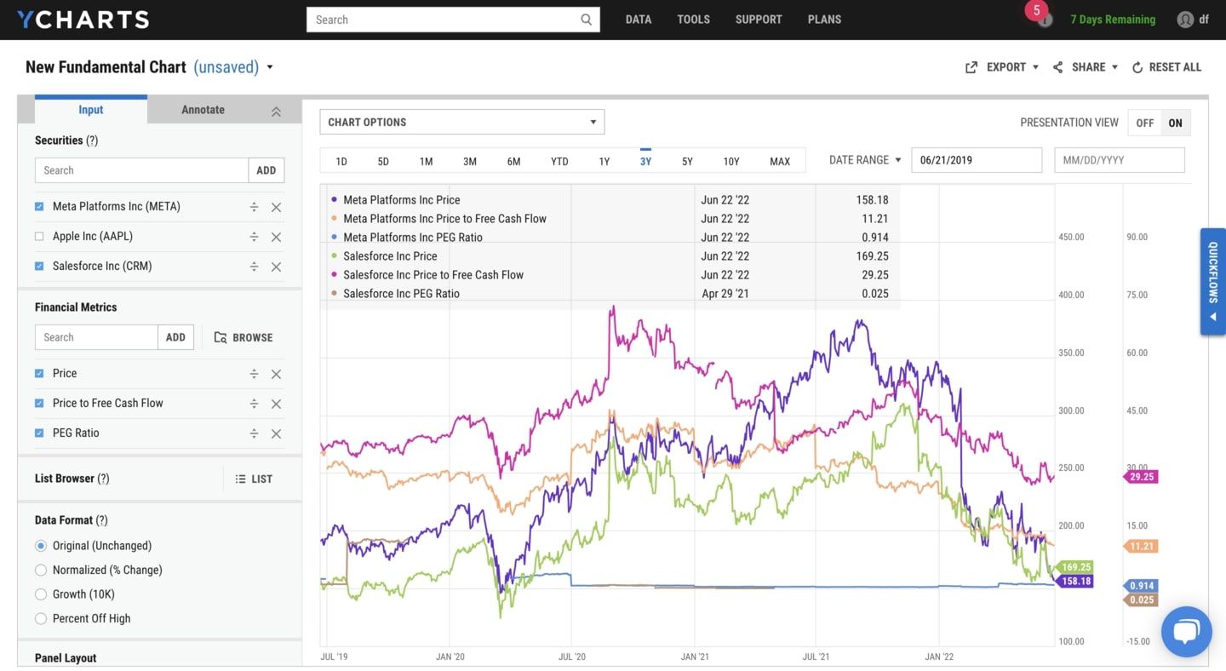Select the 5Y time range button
click(x=687, y=161)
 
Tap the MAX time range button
click(x=779, y=161)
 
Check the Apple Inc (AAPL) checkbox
click(x=39, y=237)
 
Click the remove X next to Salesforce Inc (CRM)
click(x=276, y=267)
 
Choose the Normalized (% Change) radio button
click(x=41, y=570)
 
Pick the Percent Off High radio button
click(x=41, y=618)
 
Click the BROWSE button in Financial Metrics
click(x=243, y=337)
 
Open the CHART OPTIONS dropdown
click(x=461, y=122)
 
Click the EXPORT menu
click(x=1002, y=67)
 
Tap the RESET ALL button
click(x=1166, y=67)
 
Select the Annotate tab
click(x=203, y=110)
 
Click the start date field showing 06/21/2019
click(x=976, y=160)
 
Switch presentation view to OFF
click(x=1144, y=123)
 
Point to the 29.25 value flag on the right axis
click(x=1141, y=477)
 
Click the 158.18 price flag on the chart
click(x=1075, y=582)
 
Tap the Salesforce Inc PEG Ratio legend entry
click(x=401, y=294)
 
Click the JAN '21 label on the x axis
click(x=695, y=657)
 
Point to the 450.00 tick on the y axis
click(x=1071, y=237)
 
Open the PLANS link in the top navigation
click(x=824, y=20)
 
